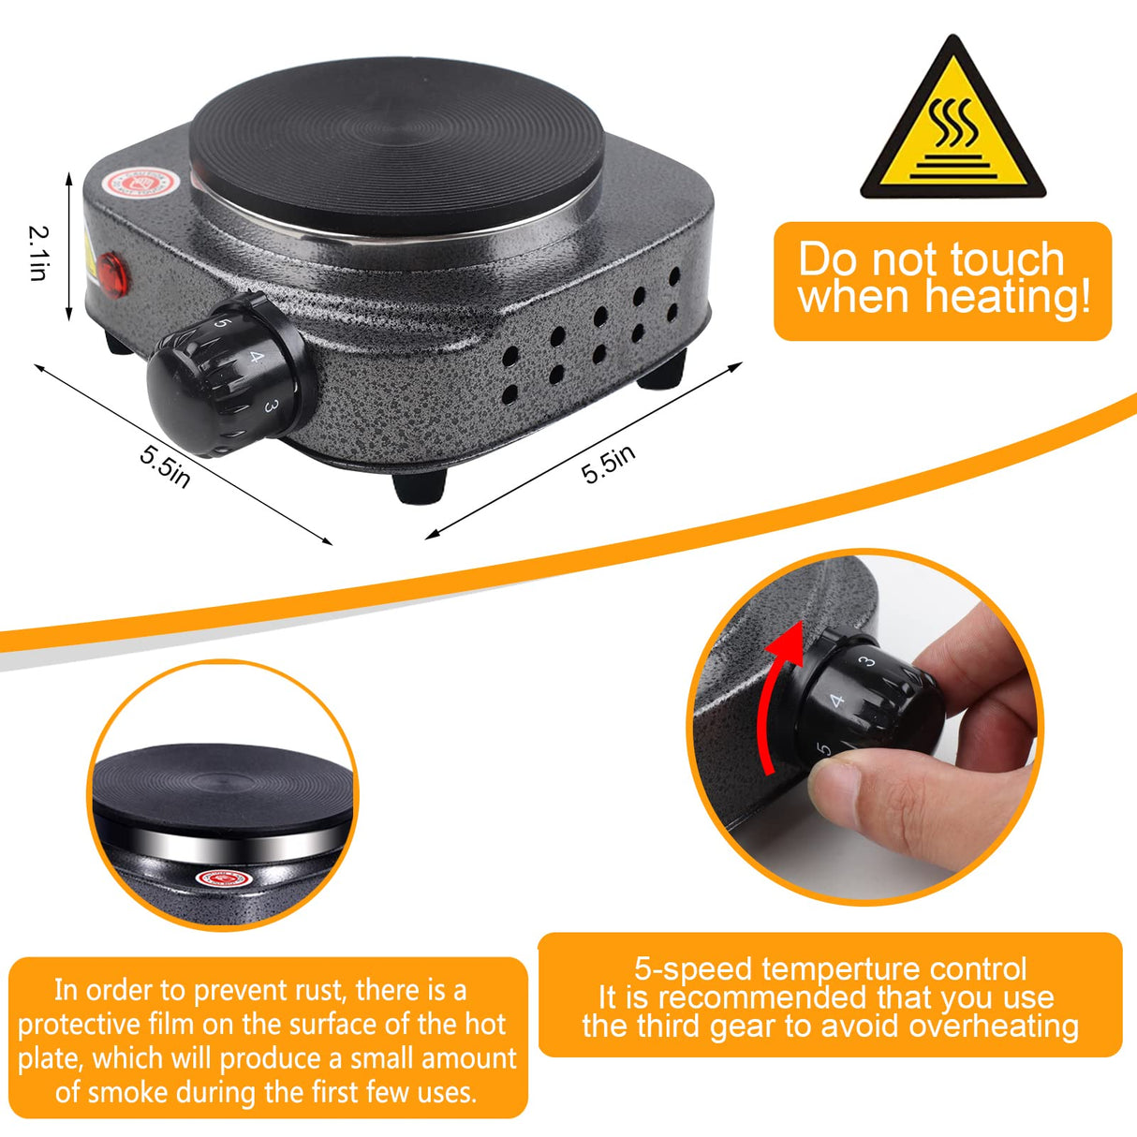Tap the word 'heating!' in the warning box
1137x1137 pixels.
[1008, 298]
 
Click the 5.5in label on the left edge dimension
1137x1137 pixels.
[165, 465]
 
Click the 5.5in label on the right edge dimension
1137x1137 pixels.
[609, 464]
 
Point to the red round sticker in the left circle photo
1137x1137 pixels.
[224, 879]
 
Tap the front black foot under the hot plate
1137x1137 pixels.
[419, 485]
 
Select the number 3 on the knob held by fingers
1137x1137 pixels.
[868, 662]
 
